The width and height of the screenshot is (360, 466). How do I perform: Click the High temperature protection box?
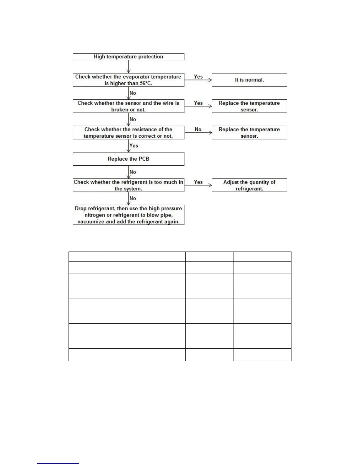pos(128,57)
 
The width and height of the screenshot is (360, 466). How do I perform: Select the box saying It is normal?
pos(249,80)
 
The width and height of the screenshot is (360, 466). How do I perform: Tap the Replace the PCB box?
pos(128,159)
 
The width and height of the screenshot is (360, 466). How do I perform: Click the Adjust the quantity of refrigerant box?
pos(249,185)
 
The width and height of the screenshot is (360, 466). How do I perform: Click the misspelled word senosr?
pos(249,136)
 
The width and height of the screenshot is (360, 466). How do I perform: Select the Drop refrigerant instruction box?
pos(128,215)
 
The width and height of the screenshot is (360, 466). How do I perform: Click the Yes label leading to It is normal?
pos(198,77)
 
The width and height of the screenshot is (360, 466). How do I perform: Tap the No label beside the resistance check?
pos(198,129)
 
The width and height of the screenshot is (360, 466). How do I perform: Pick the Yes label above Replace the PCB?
pos(134,146)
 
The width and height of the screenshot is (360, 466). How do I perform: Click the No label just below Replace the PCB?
pos(133,172)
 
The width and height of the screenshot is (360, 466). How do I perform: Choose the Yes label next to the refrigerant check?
pos(198,182)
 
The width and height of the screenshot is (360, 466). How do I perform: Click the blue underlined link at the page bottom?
pos(58,464)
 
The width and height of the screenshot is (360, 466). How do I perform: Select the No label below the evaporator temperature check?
pos(133,93)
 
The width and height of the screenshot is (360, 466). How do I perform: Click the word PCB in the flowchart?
pos(144,159)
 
